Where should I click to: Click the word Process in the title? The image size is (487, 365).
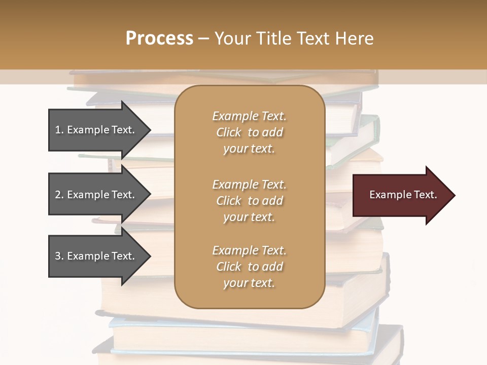(159, 39)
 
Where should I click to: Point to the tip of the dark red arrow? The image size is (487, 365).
(454, 195)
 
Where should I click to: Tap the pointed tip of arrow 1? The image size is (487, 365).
(150, 130)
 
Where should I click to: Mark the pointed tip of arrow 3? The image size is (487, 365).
(150, 256)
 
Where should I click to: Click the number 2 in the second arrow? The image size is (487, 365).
(57, 195)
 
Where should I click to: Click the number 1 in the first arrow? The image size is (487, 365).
(57, 130)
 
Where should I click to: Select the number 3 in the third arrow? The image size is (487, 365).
(57, 256)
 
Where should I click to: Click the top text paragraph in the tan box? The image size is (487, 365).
(249, 132)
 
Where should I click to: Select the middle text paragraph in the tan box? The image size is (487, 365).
(249, 200)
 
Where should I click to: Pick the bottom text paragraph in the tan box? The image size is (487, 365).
(249, 267)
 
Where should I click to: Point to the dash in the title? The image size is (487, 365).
(203, 39)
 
